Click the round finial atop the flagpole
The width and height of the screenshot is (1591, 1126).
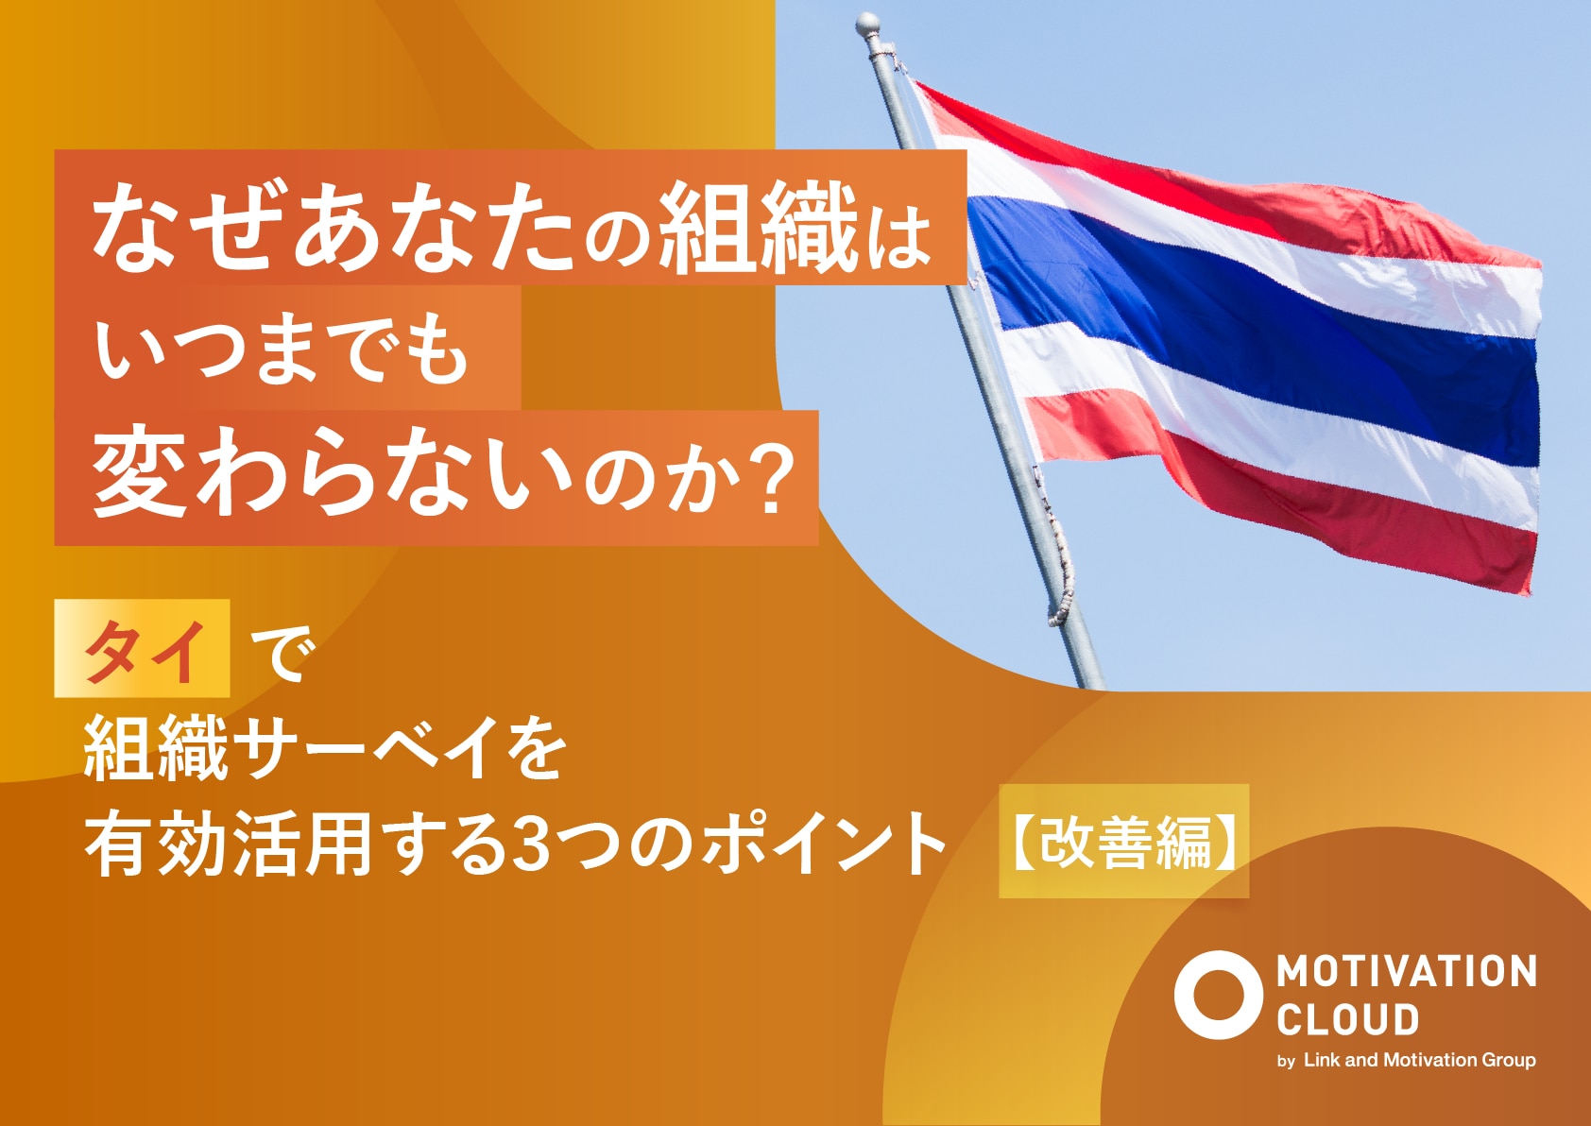coord(868,26)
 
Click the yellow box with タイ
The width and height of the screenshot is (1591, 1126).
coord(142,647)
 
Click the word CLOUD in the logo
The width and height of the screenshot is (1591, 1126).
coord(1347,1019)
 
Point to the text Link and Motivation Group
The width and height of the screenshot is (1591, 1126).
coord(1420,1061)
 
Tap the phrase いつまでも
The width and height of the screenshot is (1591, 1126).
coord(282,353)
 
